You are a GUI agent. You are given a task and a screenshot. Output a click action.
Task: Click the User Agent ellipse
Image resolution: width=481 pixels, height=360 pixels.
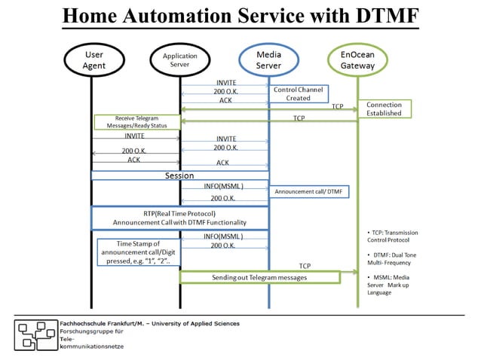[93, 59]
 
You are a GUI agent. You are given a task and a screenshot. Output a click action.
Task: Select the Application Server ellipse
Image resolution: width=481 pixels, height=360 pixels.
[179, 60]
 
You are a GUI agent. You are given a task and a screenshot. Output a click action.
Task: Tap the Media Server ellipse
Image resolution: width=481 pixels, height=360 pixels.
[268, 59]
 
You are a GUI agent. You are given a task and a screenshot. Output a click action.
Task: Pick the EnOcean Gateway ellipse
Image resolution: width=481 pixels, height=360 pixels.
[357, 59]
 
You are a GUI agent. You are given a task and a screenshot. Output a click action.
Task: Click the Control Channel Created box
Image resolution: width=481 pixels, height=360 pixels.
[298, 94]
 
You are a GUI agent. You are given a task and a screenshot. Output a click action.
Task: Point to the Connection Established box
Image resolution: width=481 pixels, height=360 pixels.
[384, 108]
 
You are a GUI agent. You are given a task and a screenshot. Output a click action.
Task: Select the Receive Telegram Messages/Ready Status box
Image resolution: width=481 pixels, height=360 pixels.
[136, 121]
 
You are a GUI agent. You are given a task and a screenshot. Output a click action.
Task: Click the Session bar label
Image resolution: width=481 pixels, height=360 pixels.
[179, 175]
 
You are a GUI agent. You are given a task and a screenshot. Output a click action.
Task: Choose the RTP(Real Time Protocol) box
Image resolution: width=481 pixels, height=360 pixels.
[179, 218]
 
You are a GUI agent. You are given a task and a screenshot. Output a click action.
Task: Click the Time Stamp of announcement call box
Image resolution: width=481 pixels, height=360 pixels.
[138, 252]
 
